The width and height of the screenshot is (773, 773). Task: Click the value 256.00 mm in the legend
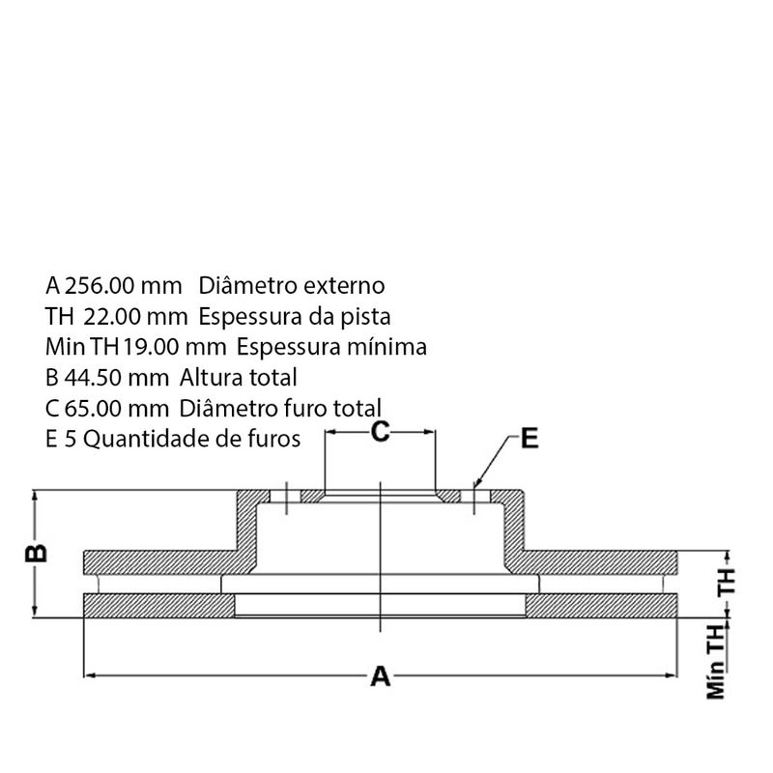(x=124, y=286)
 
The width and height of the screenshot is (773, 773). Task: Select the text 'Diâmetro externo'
(x=292, y=286)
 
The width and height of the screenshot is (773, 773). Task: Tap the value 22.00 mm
(x=135, y=317)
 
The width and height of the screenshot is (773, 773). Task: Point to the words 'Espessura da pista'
(x=295, y=317)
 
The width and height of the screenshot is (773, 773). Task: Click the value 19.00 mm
(x=175, y=347)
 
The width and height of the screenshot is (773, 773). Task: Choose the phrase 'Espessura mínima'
(x=331, y=348)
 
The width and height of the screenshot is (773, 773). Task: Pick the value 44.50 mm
(x=117, y=378)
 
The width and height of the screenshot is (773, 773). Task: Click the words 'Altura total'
(x=238, y=378)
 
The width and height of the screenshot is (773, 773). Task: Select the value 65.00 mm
(x=117, y=409)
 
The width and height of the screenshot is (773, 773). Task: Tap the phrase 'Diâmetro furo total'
(x=280, y=409)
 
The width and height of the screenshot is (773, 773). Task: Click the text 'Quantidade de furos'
(x=191, y=440)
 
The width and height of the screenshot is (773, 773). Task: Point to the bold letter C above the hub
(x=380, y=431)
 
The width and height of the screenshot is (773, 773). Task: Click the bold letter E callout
(x=530, y=438)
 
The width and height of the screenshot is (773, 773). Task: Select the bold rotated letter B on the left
(x=36, y=553)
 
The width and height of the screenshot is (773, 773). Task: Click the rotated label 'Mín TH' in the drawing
(x=716, y=662)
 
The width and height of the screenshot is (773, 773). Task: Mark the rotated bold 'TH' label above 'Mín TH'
(x=727, y=582)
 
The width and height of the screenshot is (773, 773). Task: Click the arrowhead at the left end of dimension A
(x=88, y=674)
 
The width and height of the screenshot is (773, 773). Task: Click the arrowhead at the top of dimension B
(x=34, y=495)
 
